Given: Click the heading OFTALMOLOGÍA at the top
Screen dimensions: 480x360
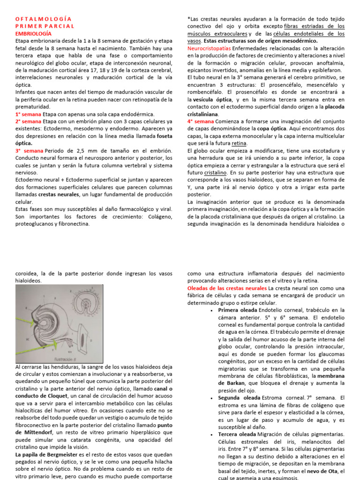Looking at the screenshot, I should pyautogui.click(x=42, y=19).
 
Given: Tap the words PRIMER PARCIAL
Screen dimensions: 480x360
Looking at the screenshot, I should pyautogui.click(x=45, y=26).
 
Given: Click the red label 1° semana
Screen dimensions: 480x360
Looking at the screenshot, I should pyautogui.click(x=28, y=114).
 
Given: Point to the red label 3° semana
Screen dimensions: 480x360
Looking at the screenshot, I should pyautogui.click(x=30, y=150).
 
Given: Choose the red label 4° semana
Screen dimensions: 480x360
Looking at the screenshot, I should pyautogui.click(x=200, y=121).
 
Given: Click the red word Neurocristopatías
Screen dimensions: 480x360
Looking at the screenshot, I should pyautogui.click(x=209, y=48).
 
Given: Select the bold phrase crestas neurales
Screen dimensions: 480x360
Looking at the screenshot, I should pyautogui.click(x=58, y=195).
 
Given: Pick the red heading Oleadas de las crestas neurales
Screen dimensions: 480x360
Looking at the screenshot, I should pyautogui.click(x=227, y=288).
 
